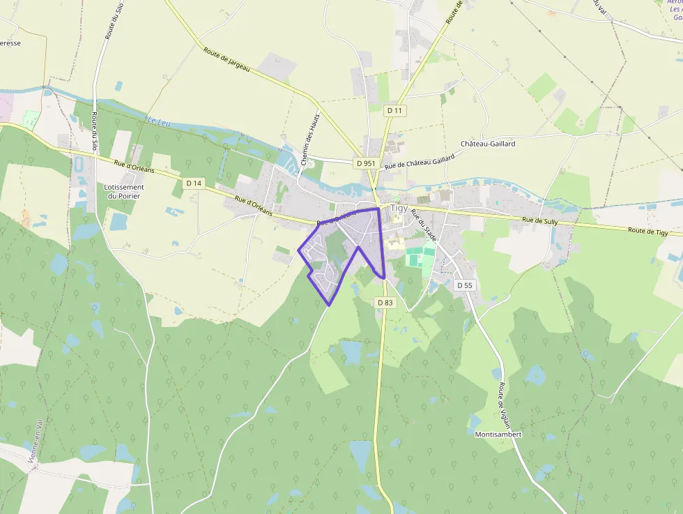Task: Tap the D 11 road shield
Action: [x=395, y=110]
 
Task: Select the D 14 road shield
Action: [x=194, y=183]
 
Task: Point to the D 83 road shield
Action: [x=385, y=302]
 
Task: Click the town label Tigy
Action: [x=399, y=208]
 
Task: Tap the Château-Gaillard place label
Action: [x=488, y=144]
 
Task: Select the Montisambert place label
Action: [x=498, y=434]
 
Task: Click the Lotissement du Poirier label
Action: [x=124, y=191]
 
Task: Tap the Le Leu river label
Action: [x=159, y=121]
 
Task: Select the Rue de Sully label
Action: [x=540, y=221]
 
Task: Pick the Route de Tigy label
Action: [x=647, y=231]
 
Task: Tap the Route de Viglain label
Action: [x=503, y=400]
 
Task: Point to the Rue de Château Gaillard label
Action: [x=420, y=162]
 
